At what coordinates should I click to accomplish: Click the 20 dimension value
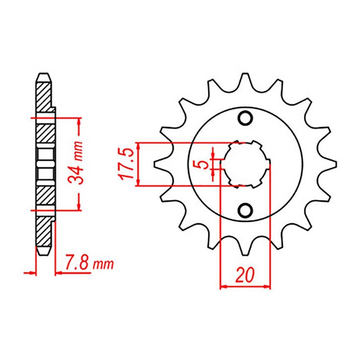coord(245,275)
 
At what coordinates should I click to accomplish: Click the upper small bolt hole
coord(245,118)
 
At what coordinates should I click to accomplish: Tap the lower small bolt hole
coord(245,210)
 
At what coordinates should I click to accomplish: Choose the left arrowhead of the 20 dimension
coord(223,286)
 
